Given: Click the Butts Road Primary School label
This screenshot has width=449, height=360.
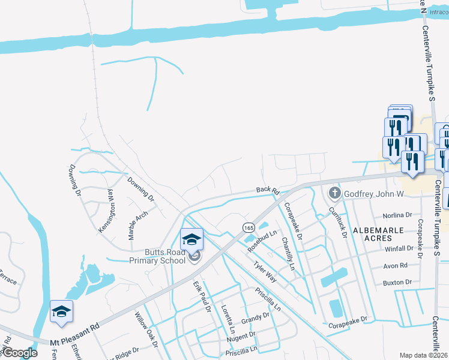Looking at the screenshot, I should tap(157, 256).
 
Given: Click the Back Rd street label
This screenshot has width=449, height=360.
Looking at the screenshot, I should tap(268, 191).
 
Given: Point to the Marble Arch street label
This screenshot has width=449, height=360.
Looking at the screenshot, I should tap(138, 225).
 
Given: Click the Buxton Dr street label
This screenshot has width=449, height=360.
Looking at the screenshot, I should tap(399, 282).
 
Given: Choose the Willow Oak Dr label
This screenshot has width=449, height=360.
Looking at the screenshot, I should tap(145, 331).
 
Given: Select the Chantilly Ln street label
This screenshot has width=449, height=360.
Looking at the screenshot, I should tap(289, 253).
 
